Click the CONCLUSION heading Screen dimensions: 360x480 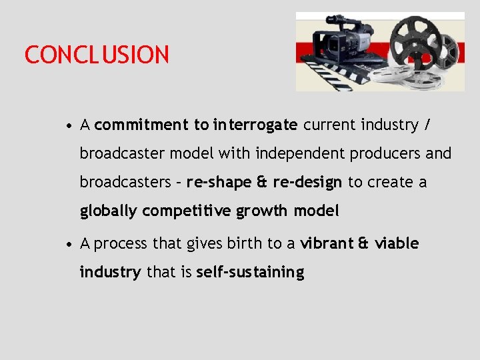(97, 55)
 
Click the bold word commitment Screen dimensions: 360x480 (142, 125)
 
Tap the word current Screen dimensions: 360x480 (329, 125)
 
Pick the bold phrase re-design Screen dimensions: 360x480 (307, 182)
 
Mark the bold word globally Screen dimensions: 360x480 (109, 211)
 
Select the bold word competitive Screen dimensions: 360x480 (187, 211)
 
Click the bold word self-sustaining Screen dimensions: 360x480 (250, 272)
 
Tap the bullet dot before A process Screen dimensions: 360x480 (69, 244)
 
